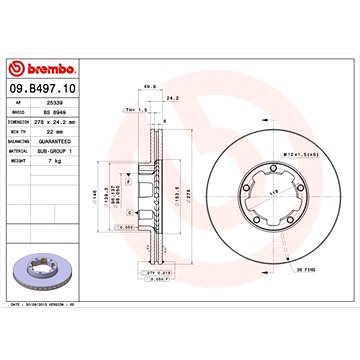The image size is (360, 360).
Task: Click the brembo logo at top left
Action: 39,67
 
